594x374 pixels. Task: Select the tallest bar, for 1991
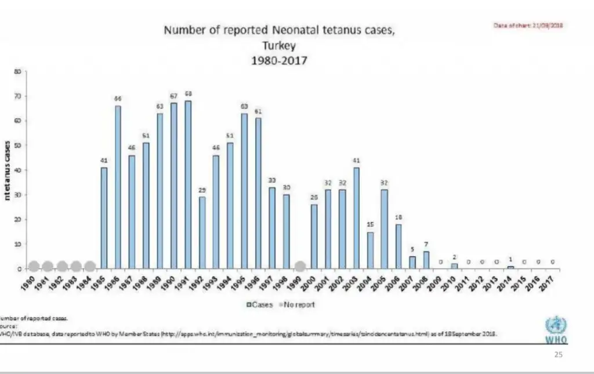188,185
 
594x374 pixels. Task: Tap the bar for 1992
202,233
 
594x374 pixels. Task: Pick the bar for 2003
356,218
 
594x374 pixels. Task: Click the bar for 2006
398,246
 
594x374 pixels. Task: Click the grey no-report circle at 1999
300,267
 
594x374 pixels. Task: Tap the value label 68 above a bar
188,94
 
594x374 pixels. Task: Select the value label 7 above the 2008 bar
426,244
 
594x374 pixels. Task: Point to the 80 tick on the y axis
17,72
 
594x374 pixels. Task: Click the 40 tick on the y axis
17,170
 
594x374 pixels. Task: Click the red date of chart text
528,26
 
